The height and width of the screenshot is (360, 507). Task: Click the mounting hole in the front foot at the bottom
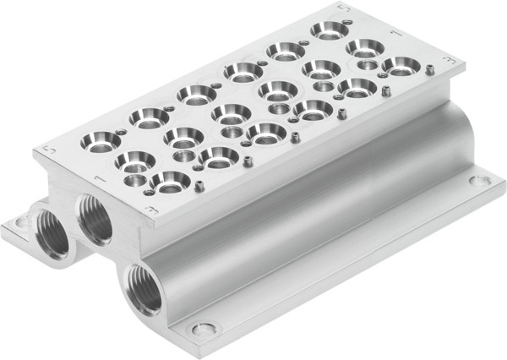(x=202, y=330)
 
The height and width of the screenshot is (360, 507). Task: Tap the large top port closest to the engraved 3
(x=172, y=179)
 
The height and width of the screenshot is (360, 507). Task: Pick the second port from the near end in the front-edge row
(x=220, y=155)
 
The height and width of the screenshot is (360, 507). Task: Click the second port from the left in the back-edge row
(x=150, y=116)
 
